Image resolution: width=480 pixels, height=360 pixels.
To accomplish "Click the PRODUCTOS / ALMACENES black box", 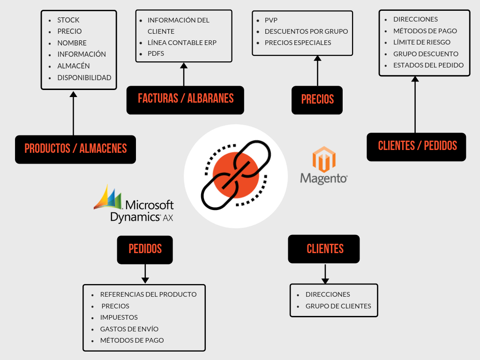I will pos(75,149).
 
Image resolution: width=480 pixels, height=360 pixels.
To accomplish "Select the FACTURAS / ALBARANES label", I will pos(185,99).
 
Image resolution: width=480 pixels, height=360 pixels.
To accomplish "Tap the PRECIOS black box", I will pos(317,100).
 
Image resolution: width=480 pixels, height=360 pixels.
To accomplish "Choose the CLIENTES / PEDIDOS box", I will pos(417,146).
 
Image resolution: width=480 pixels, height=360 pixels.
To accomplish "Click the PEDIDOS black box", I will pos(145,249).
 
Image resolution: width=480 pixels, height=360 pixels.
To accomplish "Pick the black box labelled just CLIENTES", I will pos(324,249).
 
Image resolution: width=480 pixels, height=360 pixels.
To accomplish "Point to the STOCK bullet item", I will pos(68,20).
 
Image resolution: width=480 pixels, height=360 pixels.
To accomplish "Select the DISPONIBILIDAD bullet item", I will pos(84,78).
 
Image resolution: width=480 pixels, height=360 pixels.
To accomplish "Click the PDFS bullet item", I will pos(156,54).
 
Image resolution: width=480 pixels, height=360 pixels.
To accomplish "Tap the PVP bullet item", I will pos(271,20).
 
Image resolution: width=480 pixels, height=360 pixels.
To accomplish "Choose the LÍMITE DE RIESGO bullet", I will pos(422,43).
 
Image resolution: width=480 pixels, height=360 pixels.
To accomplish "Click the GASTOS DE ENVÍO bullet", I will pos(129,329).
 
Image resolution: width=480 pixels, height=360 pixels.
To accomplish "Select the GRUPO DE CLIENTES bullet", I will pos(338,306).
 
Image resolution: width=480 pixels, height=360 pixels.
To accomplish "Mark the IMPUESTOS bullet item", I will pos(119,317).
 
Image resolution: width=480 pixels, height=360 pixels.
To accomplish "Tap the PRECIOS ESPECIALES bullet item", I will pos(298,43).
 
